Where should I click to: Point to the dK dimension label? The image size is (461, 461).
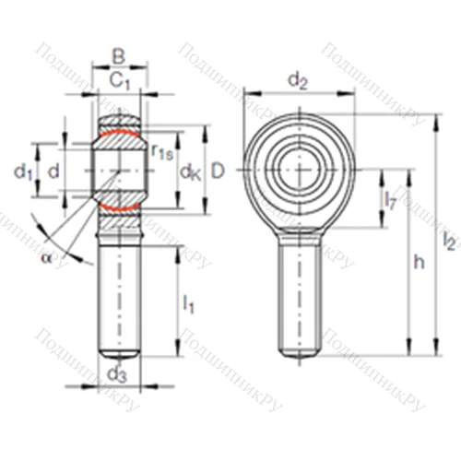coord(190,171)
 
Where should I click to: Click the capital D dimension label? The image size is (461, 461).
coord(219,171)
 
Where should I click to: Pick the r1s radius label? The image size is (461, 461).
coord(162,151)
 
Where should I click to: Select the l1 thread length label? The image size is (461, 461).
coord(188,301)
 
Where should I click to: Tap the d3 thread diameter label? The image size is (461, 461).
coord(116,373)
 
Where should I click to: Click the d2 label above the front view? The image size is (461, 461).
coord(297,81)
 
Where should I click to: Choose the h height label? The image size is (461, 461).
coord(420,263)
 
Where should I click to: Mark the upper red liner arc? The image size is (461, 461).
coord(118,136)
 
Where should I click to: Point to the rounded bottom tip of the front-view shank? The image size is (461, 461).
coord(299,354)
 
